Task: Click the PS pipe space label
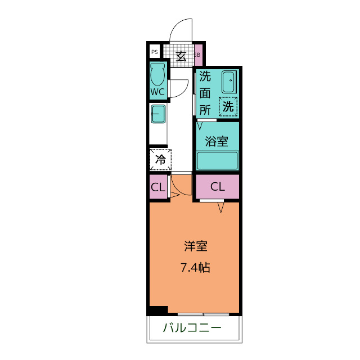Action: (x=155, y=52)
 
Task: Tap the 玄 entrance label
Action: (x=181, y=56)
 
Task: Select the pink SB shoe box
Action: (x=199, y=55)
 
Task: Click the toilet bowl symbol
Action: (x=157, y=74)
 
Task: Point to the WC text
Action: (x=157, y=92)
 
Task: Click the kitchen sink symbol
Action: (x=158, y=114)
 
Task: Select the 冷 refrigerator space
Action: (x=160, y=160)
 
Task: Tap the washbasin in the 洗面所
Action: (x=229, y=82)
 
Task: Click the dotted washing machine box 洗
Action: (x=228, y=106)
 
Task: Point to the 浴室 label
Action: (x=217, y=141)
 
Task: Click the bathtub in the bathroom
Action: (x=218, y=160)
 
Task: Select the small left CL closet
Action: (x=159, y=187)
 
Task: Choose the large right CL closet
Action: (x=218, y=187)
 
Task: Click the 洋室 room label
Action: (x=196, y=246)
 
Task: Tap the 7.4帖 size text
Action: (x=195, y=268)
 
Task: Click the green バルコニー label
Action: (x=192, y=327)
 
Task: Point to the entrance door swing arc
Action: (x=176, y=26)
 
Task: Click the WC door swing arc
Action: (x=183, y=92)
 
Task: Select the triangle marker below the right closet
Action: (x=221, y=208)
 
